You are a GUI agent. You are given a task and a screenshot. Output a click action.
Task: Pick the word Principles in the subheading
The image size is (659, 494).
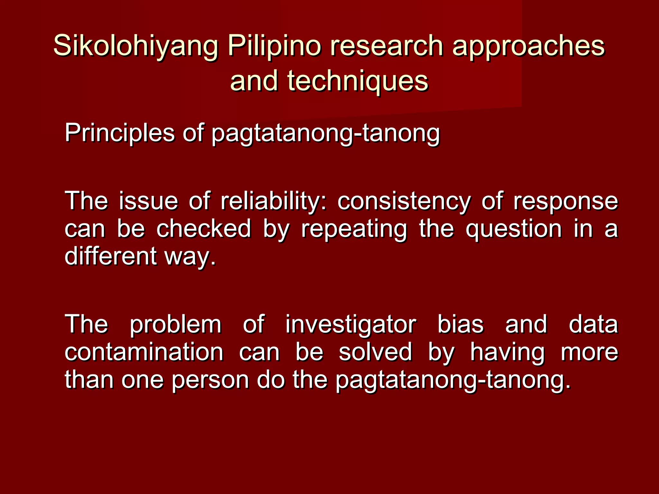click(119, 133)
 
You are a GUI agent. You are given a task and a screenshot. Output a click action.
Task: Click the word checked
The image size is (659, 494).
click(204, 229)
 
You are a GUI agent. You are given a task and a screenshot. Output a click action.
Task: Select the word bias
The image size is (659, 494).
click(460, 324)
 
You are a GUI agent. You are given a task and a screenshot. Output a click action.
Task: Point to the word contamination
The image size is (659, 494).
click(144, 352)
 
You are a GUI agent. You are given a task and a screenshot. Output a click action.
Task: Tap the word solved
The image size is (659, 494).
click(375, 352)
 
